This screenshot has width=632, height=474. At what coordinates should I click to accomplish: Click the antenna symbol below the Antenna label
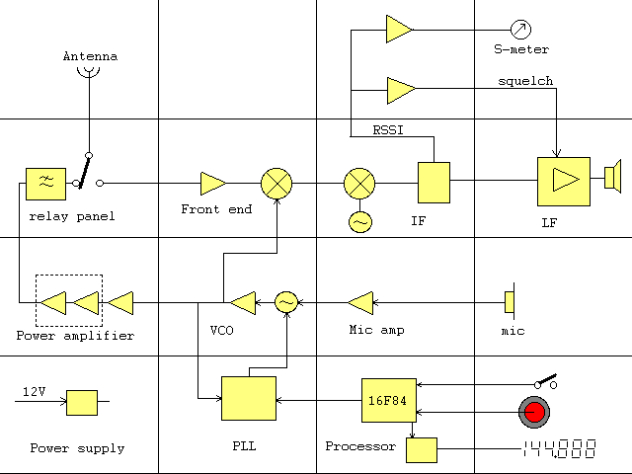point(90,72)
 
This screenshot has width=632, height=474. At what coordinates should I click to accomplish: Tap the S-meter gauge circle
point(520,29)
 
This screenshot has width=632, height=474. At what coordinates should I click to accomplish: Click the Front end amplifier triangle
point(212,183)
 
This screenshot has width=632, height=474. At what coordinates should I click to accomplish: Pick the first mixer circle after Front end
point(276,183)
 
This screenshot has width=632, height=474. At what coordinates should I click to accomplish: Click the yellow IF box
point(434,183)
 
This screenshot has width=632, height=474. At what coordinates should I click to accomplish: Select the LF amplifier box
point(563,182)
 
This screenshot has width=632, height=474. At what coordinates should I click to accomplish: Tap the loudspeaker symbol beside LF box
point(611,177)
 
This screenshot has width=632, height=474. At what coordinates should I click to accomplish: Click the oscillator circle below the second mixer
point(360,222)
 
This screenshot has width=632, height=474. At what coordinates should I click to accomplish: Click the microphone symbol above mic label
point(510,301)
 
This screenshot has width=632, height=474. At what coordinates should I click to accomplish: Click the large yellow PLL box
point(249,399)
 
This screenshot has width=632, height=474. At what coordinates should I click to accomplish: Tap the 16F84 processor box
point(383,400)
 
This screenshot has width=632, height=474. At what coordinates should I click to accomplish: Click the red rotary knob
point(534,411)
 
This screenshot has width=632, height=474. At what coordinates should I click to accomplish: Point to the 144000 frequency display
point(559,449)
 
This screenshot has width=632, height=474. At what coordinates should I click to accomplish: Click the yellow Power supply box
point(82,402)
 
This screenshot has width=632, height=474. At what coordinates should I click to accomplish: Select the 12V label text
point(35,392)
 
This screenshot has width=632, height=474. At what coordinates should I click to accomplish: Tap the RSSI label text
point(387,128)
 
